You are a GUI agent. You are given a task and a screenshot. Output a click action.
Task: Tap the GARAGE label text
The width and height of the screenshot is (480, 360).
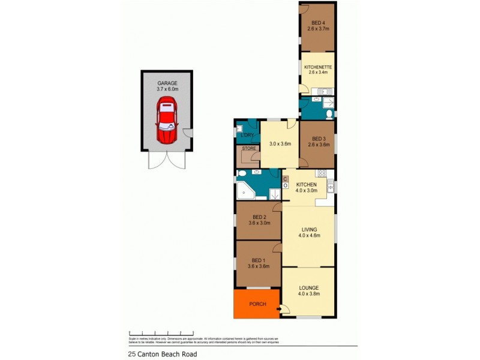pyautogui.click(x=167, y=83)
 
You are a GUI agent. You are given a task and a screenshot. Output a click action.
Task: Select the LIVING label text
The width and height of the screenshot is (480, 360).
pyautogui.click(x=309, y=229)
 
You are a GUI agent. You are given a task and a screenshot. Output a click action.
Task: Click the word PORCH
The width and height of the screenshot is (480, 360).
pyautogui.click(x=257, y=304)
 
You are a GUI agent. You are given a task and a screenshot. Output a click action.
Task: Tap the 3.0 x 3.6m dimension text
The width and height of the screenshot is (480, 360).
pyautogui.click(x=280, y=144)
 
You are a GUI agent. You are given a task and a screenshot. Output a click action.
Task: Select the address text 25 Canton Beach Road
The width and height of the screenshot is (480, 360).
pyautogui.click(x=162, y=354)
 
